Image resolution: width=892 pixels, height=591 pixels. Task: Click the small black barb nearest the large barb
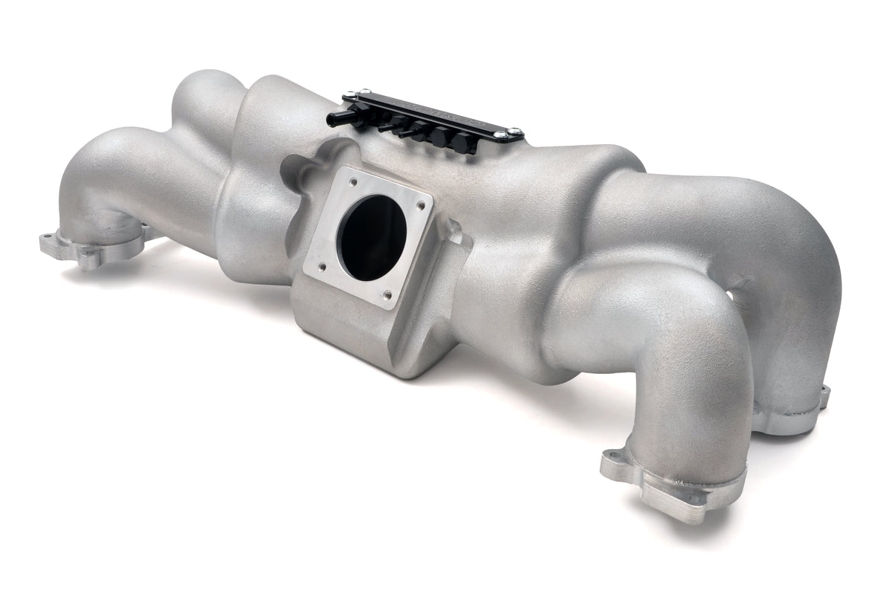click(x=387, y=128)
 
